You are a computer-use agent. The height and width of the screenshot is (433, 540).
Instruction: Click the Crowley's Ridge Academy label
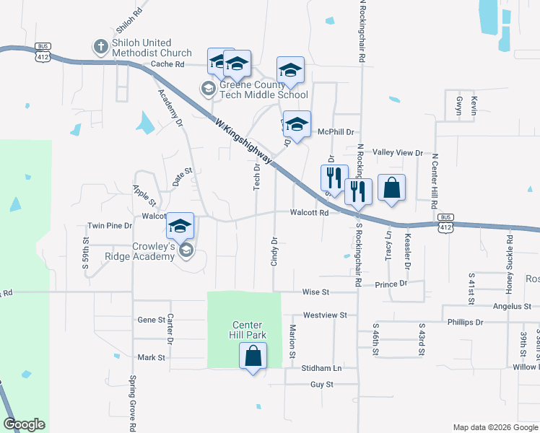click(154, 250)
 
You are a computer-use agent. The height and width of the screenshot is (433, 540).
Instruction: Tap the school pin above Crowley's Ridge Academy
click(180, 226)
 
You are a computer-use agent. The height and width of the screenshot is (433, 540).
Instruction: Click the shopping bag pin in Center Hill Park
click(253, 356)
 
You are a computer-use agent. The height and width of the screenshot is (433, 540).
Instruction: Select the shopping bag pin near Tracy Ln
click(391, 188)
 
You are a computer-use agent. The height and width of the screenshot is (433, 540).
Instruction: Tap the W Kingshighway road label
click(244, 141)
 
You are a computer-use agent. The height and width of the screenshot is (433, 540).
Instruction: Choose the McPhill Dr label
click(336, 132)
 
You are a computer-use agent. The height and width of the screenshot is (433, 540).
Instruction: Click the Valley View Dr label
click(397, 153)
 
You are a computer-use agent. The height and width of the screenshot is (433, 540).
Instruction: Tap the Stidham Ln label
click(321, 368)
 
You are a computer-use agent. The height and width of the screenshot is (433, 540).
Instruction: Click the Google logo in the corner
click(24, 424)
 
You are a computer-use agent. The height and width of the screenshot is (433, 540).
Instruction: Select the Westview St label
click(325, 315)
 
